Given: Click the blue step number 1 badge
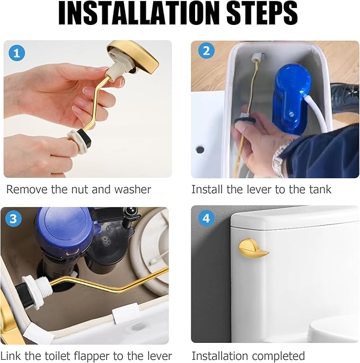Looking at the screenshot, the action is (16, 53).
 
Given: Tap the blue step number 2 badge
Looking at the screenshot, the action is (206, 51).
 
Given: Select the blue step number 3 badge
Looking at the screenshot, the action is (13, 219).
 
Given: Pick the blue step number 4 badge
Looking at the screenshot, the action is (206, 218).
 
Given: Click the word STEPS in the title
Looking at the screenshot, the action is (262, 13).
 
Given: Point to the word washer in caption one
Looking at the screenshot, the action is (133, 189).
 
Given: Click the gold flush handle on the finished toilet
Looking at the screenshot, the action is (253, 248).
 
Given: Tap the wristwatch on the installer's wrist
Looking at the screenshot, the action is (281, 158).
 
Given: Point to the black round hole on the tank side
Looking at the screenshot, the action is (200, 150).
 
